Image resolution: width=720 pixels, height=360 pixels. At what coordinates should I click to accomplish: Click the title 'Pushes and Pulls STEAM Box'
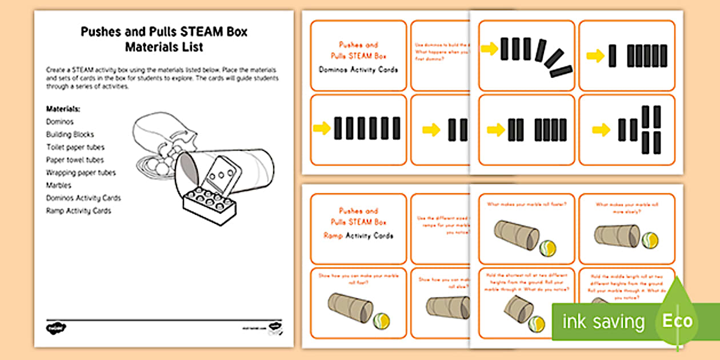[x=164, y=32]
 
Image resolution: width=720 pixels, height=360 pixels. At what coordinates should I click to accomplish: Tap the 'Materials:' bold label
[x=63, y=109]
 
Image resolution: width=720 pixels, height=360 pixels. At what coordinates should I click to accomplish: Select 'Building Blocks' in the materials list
[x=70, y=134]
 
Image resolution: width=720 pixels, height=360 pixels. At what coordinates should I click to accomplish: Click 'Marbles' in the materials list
[x=58, y=185]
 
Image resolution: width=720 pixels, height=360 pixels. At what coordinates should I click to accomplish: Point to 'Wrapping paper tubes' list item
[x=81, y=173]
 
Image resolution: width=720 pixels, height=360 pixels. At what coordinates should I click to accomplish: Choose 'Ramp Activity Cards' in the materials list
[x=78, y=211]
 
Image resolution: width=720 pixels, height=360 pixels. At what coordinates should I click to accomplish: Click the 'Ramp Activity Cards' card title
[x=358, y=235]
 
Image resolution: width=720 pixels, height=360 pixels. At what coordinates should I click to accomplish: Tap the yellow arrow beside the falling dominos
[x=490, y=49]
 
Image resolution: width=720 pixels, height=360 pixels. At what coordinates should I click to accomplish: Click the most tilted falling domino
[x=561, y=71]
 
